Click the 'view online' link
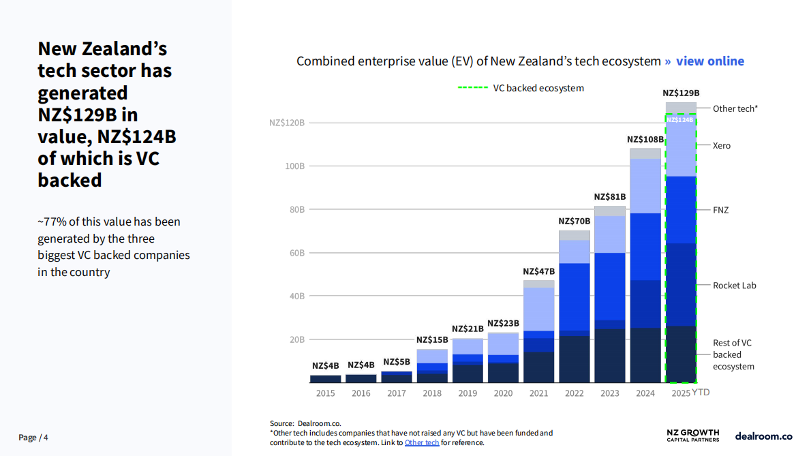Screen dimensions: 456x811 tap(709, 61)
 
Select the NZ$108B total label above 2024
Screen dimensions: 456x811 tap(645, 140)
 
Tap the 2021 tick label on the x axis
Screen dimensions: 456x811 tap(538, 393)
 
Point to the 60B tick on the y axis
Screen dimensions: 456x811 tap(296, 253)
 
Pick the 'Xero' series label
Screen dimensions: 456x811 tap(721, 146)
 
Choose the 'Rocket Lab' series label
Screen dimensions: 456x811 tap(734, 286)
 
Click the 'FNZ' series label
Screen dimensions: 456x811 tap(720, 210)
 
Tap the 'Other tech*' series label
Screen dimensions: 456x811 tap(735, 108)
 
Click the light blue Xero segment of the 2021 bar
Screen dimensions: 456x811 tap(538, 309)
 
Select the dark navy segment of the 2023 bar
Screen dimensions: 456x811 tap(609, 355)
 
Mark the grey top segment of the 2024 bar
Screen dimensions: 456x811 tap(645, 153)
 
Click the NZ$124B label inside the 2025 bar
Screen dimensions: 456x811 tap(680, 120)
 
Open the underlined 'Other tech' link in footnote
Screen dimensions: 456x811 tap(422, 442)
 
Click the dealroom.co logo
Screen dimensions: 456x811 tap(763, 436)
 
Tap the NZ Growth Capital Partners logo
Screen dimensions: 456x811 tap(692, 436)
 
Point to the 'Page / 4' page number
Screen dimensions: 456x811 tap(33, 437)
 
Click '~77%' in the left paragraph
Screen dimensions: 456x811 tap(50, 222)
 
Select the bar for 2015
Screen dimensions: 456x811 tap(325, 379)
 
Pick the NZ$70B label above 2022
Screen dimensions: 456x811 tap(574, 222)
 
